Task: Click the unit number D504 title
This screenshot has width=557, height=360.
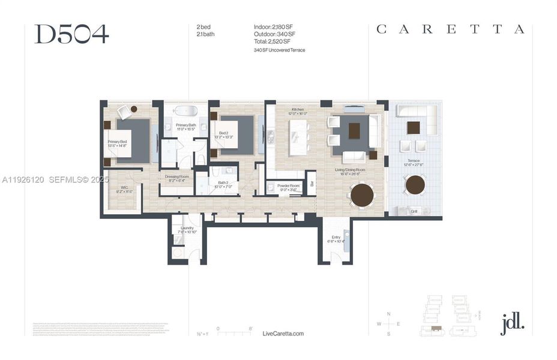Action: [71, 34]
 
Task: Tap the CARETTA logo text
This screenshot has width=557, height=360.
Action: [450, 29]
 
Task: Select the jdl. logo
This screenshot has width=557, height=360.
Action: [512, 324]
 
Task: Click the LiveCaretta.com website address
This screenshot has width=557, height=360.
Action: [283, 333]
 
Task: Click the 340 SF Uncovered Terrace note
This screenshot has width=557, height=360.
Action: [279, 50]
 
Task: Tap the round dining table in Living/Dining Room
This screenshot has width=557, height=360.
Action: [362, 194]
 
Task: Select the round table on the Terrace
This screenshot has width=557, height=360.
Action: [415, 185]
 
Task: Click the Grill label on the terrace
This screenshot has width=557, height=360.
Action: [414, 211]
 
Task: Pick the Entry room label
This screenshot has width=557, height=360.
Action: [336, 239]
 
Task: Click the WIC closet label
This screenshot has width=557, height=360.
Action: [124, 190]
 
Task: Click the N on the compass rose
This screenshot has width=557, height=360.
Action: [389, 314]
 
